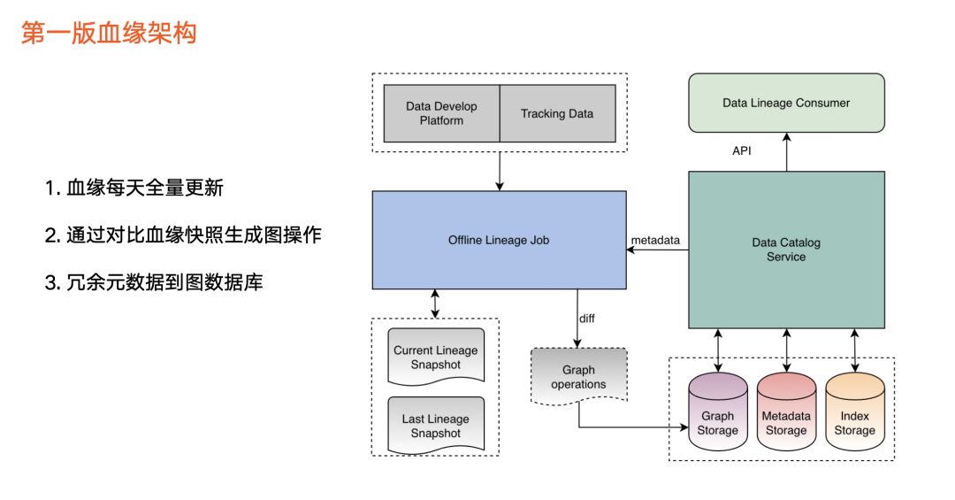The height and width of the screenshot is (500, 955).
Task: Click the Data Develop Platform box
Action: (441, 113)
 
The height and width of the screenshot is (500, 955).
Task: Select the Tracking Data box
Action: (557, 113)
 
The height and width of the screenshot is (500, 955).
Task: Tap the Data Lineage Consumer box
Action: (786, 103)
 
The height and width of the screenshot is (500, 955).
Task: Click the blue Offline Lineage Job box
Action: (499, 240)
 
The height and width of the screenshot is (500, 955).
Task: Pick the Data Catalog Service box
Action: (786, 250)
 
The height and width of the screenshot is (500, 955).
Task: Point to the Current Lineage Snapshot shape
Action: (436, 358)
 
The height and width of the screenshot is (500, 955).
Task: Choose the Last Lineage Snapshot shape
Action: (436, 426)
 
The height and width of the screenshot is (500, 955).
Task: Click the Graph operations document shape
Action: (578, 376)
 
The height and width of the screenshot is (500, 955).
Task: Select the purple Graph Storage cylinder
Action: (717, 412)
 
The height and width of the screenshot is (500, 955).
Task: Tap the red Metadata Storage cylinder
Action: (786, 412)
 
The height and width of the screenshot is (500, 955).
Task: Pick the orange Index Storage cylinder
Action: (854, 412)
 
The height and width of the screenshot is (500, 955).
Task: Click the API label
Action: (742, 150)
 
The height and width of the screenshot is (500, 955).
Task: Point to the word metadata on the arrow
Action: (655, 240)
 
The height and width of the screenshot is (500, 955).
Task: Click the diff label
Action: (587, 319)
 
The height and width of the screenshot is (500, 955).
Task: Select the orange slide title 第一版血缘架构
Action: (109, 33)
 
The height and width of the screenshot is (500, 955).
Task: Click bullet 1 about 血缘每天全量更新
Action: (134, 188)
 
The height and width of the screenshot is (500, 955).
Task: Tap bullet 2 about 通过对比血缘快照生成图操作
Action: (183, 235)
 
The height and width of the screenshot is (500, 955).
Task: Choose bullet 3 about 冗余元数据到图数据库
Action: (154, 282)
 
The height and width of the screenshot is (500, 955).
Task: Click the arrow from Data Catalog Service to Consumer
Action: (786, 152)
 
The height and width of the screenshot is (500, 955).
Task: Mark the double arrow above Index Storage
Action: (854, 350)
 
